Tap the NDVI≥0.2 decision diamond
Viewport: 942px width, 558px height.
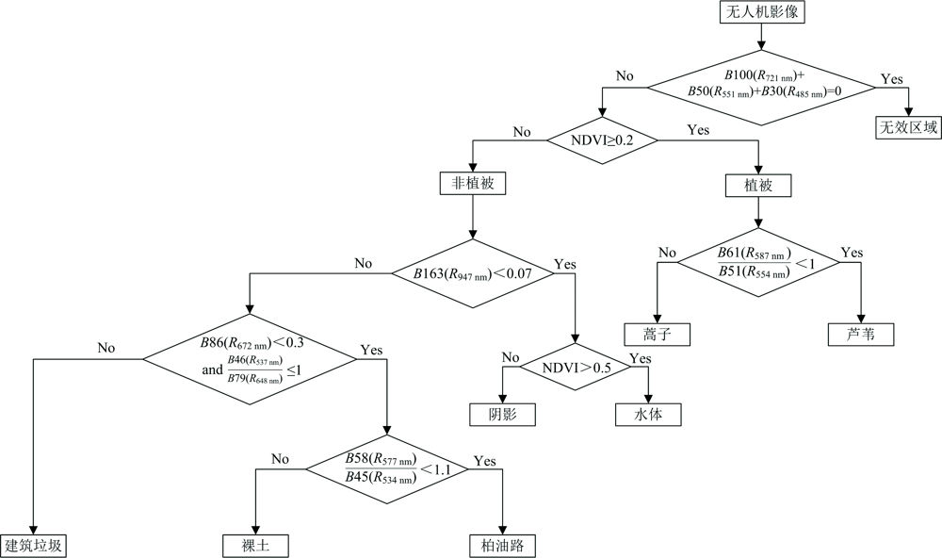pos(603,139)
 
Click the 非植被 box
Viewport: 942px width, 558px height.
pos(472,185)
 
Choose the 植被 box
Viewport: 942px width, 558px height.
pos(758,186)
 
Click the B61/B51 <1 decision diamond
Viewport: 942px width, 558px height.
pos(758,261)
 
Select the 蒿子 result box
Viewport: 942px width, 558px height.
pos(657,334)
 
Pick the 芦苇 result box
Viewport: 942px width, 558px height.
pos(860,334)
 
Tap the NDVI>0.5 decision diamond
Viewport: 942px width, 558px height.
pos(576,368)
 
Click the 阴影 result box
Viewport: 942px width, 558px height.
pos(503,414)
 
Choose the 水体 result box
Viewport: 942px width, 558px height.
pos(647,414)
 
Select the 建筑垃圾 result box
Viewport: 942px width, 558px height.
pos(36,545)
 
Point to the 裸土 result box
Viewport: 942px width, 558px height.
pos(255,545)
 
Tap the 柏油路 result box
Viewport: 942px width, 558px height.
pos(503,545)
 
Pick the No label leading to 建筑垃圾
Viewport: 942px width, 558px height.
pos(106,348)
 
